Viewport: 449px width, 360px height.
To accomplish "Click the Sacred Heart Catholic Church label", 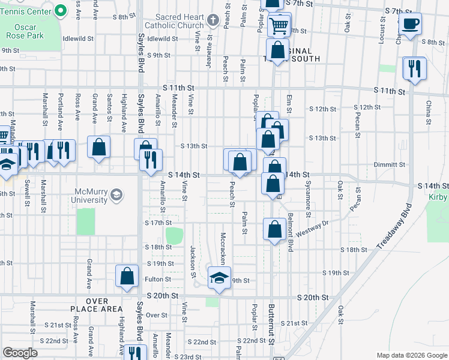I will [x=179, y=22].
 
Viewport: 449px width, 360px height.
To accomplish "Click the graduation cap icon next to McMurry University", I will [x=116, y=194].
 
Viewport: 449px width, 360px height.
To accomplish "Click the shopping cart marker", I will [x=279, y=25].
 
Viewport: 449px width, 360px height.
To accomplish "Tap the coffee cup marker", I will [x=411, y=24].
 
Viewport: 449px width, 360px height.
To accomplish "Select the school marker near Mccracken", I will [x=219, y=278].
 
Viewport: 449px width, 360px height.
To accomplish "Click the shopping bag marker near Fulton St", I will [x=127, y=277].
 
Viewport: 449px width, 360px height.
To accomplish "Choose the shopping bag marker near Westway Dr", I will [x=274, y=229].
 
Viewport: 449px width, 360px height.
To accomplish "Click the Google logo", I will [x=20, y=352].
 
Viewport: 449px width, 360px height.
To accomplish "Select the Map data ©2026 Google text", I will [x=411, y=355].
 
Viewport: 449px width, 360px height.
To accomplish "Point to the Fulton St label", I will [x=158, y=279].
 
